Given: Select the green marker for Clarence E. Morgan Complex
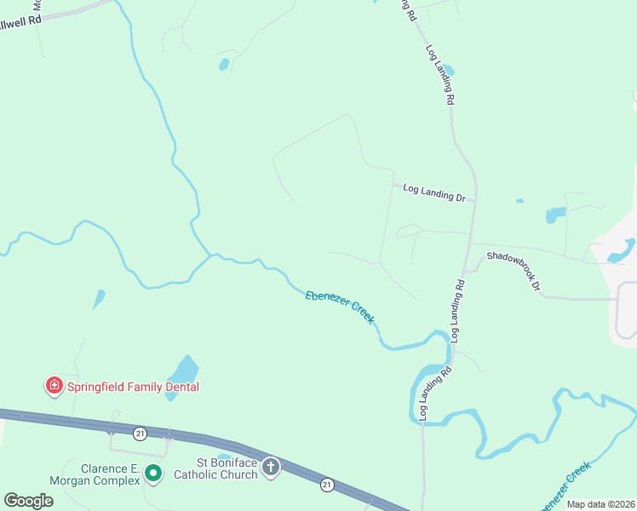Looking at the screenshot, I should pos(153,472).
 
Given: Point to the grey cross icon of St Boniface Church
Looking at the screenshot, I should pos(271,467).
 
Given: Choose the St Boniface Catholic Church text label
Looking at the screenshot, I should pos(215,468).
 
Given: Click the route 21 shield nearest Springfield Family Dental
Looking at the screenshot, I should pos(141,434).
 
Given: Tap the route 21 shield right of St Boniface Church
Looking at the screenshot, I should pos(327,485).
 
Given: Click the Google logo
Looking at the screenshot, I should pos(28,500).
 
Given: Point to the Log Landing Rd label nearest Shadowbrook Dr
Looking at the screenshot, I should pos(457,311).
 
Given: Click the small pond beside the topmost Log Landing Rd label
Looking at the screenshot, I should pos(448,70).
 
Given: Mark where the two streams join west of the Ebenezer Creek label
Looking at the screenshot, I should pos(211,254).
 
